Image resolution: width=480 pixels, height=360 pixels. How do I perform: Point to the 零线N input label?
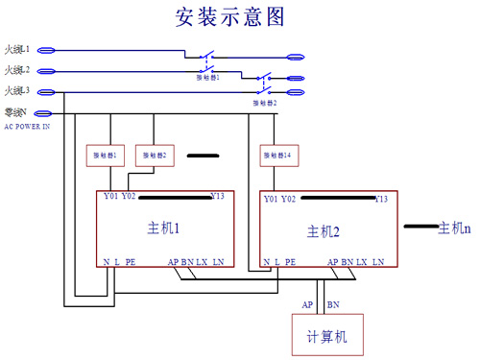click(x=16, y=112)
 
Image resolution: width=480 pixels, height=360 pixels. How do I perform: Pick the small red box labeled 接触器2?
click(x=152, y=155)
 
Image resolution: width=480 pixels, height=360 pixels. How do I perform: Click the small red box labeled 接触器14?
click(x=276, y=155)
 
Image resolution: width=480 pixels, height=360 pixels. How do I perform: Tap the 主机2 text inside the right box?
click(x=324, y=231)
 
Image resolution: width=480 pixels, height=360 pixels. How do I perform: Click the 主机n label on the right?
click(x=454, y=228)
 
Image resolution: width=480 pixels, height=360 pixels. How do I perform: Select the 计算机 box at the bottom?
click(x=326, y=336)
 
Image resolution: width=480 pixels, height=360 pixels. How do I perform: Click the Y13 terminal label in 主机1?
click(x=218, y=197)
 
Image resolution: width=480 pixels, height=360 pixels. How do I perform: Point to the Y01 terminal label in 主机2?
click(x=270, y=199)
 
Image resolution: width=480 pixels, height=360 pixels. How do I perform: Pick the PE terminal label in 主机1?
click(x=131, y=261)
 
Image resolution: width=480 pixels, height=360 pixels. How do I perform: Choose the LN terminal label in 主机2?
click(x=379, y=261)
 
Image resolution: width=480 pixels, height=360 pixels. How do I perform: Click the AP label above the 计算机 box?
click(x=308, y=304)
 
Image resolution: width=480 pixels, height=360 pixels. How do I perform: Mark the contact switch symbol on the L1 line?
click(x=207, y=54)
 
